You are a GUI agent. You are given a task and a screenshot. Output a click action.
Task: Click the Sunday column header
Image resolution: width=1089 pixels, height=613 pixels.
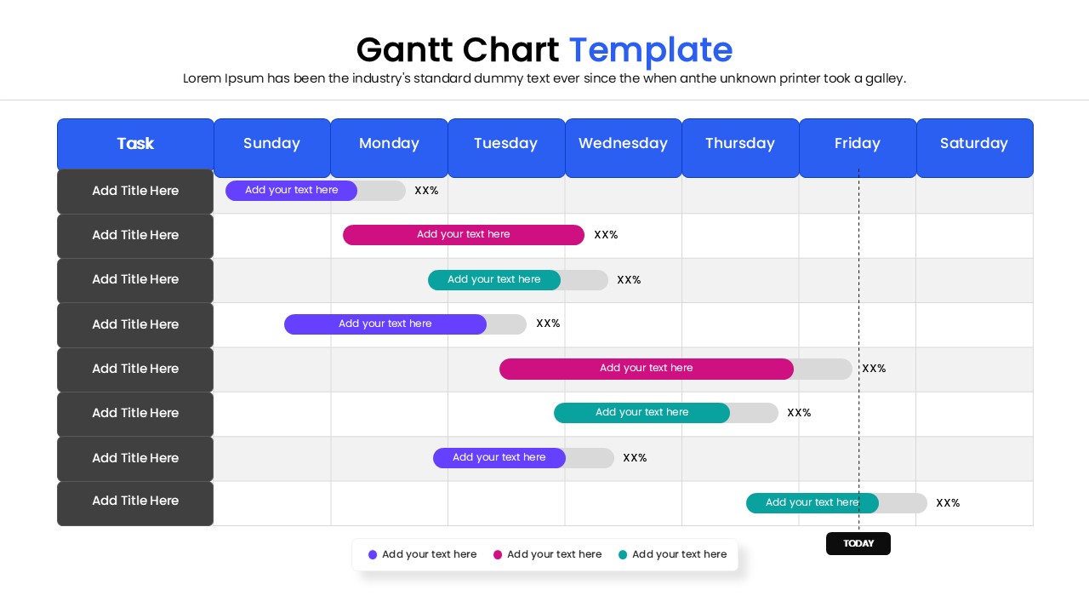(271, 144)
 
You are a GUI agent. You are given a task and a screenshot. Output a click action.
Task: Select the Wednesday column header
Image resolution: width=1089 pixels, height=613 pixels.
(623, 144)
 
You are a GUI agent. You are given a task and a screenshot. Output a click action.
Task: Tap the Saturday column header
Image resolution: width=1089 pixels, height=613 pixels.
(974, 144)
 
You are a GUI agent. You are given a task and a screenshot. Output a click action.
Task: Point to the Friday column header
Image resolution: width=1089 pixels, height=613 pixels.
(857, 144)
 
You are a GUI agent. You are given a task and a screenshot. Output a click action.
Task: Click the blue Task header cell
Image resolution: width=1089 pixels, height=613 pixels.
(135, 144)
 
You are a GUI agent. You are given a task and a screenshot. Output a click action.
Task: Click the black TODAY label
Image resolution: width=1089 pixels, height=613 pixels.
(858, 543)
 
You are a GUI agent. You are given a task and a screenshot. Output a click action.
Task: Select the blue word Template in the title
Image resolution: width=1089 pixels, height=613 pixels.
(650, 50)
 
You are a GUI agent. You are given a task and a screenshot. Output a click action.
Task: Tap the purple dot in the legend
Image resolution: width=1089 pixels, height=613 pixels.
(373, 555)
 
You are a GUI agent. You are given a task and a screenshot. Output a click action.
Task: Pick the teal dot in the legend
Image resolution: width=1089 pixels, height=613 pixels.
(623, 555)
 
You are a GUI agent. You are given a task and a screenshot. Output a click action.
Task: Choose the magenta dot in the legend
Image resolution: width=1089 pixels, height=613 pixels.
(498, 555)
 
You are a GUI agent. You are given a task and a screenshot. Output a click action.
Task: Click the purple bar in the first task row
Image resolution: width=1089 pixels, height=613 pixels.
(291, 191)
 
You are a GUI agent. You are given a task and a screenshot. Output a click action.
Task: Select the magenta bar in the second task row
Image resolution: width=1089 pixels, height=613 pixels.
(463, 235)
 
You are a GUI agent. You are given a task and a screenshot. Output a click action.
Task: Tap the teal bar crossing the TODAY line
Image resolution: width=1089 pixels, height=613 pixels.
(812, 503)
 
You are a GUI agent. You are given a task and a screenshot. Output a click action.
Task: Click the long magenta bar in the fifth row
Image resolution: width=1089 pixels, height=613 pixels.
(646, 369)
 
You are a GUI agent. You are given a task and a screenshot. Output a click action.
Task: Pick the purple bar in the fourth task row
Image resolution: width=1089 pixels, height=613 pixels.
(385, 324)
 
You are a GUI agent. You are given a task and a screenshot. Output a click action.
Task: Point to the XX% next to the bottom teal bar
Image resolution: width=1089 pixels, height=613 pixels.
(948, 503)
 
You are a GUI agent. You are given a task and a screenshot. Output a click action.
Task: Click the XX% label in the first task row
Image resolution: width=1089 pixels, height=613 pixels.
(426, 191)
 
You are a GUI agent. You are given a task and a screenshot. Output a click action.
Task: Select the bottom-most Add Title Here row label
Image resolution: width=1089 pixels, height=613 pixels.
(135, 501)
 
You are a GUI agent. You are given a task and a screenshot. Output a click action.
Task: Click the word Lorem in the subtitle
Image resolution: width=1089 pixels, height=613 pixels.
(202, 79)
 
